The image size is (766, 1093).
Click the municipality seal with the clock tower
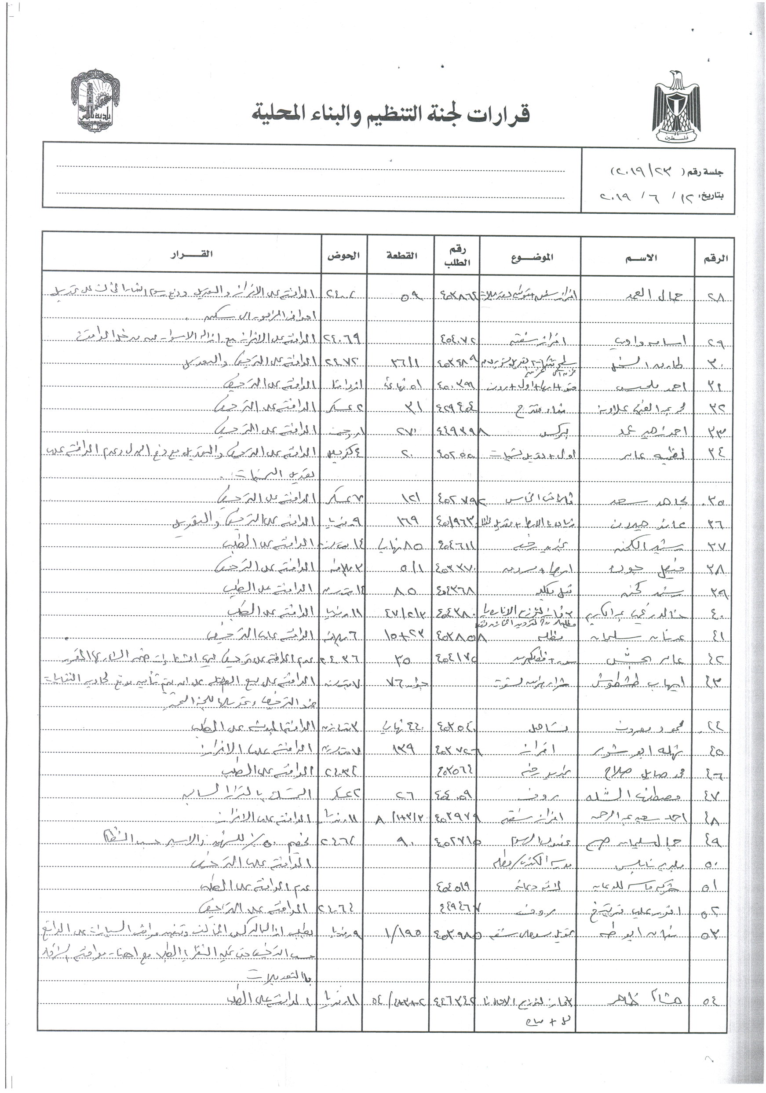[x=95, y=100]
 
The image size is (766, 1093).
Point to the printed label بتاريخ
[x=710, y=195]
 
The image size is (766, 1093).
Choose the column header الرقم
[x=715, y=258]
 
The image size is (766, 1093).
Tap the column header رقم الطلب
[x=457, y=256]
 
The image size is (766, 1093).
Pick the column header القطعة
[x=401, y=255]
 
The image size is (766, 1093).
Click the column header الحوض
[x=343, y=255]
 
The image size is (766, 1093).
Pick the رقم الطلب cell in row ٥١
[x=453, y=886]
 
